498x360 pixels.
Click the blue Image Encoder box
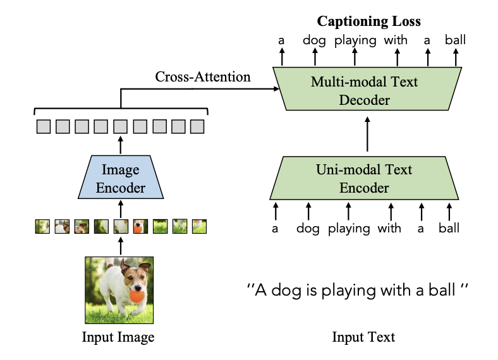tap(120, 179)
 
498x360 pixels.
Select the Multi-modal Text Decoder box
tap(364, 90)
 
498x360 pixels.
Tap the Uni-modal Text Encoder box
tap(364, 178)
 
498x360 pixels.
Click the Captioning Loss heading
tap(368, 21)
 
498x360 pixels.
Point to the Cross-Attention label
tap(203, 77)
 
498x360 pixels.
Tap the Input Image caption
tap(118, 337)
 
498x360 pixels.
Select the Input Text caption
tap(363, 337)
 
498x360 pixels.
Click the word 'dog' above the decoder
tap(313, 40)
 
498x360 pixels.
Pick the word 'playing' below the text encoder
tap(349, 228)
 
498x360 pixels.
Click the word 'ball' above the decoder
tap(454, 40)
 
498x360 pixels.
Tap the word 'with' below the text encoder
tap(389, 228)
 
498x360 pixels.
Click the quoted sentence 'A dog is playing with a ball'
tap(359, 291)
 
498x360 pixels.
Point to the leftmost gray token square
tap(43, 126)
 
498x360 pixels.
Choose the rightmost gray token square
tap(197, 126)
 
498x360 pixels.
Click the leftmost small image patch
tap(42, 225)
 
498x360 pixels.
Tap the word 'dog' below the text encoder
tap(308, 228)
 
